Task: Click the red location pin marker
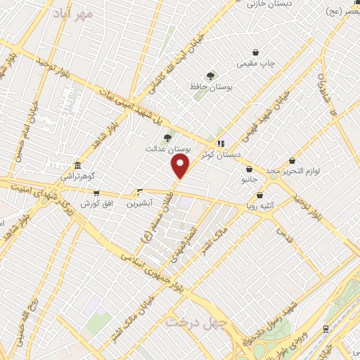point(181,167)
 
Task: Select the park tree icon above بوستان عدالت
point(167,139)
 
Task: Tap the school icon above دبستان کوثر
point(221,144)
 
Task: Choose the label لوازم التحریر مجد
point(291,172)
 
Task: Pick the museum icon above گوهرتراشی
point(77,165)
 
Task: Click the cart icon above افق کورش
point(96,193)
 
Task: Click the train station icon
point(325,328)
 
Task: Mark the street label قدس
point(284,231)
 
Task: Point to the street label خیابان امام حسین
point(32,127)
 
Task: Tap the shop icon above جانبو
point(250,169)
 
